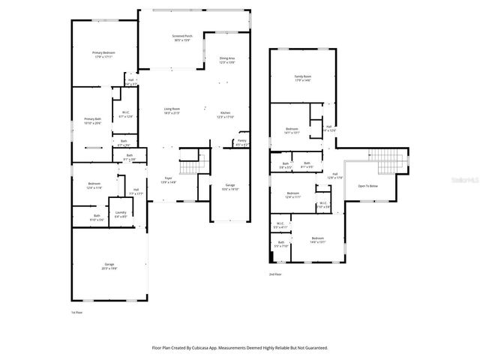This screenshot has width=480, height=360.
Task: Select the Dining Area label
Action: point(227,58)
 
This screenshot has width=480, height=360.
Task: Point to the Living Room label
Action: point(172,109)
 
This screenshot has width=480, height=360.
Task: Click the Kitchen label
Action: point(225,114)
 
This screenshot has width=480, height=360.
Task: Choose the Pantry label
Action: point(241,141)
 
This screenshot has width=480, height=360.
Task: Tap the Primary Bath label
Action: point(92,120)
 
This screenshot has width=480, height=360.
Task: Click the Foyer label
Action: point(168,178)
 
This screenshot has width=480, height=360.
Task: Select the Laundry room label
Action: point(120,214)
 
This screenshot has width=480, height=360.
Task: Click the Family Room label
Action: point(302,76)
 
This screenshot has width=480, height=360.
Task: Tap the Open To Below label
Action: point(368,185)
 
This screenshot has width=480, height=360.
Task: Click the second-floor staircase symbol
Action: point(388,158)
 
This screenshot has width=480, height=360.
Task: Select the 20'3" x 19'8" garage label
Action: point(109,265)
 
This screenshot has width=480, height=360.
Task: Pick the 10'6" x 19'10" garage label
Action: point(229,187)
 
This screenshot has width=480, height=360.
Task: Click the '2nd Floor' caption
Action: point(275,274)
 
